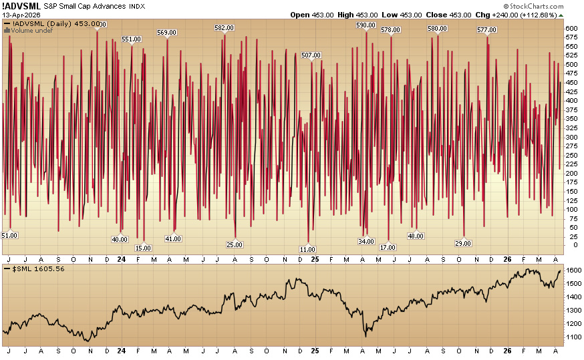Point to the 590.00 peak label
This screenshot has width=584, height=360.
coord(366,25)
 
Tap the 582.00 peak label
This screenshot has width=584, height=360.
coord(225,27)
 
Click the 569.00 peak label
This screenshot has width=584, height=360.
coord(166,32)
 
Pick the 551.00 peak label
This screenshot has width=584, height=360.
coord(132,39)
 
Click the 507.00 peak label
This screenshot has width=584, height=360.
coord(311,55)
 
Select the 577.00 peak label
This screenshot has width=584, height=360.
coord(486,29)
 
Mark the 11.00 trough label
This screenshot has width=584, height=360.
coord(307,249)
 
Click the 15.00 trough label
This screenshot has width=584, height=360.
coord(143,248)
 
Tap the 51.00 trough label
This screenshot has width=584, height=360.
coord(9,235)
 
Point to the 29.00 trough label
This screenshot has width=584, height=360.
coord(463,243)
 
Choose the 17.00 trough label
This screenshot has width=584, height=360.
coord(388,247)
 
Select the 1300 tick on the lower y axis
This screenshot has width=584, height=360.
coord(573,311)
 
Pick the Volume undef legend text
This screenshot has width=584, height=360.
coord(29,31)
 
